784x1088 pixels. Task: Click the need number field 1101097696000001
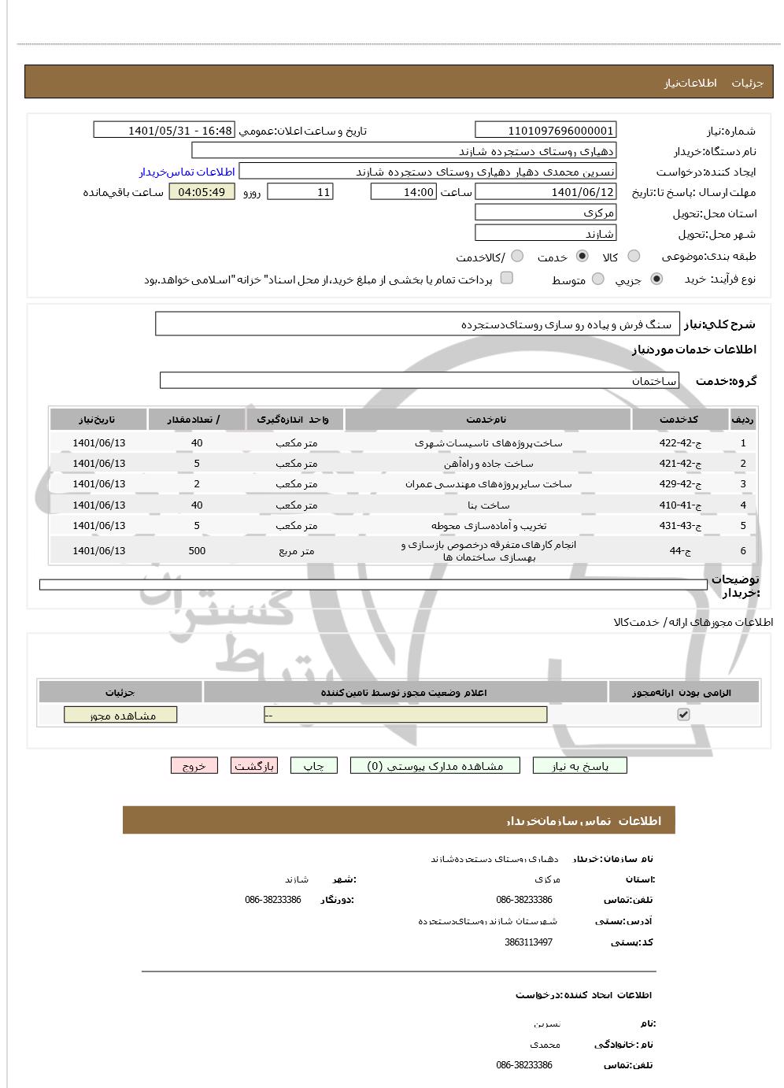click(545, 131)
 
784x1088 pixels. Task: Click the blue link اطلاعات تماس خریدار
click(187, 172)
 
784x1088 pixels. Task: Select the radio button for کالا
click(634, 257)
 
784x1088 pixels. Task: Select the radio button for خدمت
click(582, 257)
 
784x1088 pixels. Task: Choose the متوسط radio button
click(598, 279)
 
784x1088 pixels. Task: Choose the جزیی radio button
click(656, 279)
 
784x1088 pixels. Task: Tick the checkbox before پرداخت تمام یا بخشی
click(507, 278)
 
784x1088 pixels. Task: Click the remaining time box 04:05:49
click(202, 192)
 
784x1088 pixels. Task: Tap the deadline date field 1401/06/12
click(545, 192)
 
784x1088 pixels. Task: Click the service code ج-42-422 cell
click(680, 442)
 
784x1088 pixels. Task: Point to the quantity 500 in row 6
click(197, 550)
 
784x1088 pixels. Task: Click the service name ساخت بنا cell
click(488, 505)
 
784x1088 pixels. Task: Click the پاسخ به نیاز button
click(579, 766)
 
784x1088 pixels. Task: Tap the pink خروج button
click(194, 766)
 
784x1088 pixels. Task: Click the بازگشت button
click(253, 766)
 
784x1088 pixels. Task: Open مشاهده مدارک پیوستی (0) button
click(435, 766)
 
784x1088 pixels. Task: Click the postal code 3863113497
click(528, 942)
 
